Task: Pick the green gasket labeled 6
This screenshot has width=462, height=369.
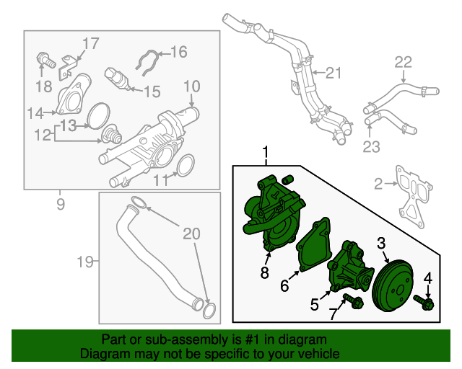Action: tap(313, 248)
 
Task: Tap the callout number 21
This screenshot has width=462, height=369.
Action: tap(331, 72)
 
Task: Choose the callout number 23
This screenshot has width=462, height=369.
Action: tap(370, 148)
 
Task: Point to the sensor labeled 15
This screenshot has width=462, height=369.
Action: tap(117, 79)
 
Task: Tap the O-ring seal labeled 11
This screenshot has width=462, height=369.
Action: tap(184, 165)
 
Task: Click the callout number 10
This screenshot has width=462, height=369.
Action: tap(191, 86)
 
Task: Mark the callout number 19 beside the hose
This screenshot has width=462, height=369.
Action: tap(85, 262)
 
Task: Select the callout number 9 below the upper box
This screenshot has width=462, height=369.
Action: tap(60, 204)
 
